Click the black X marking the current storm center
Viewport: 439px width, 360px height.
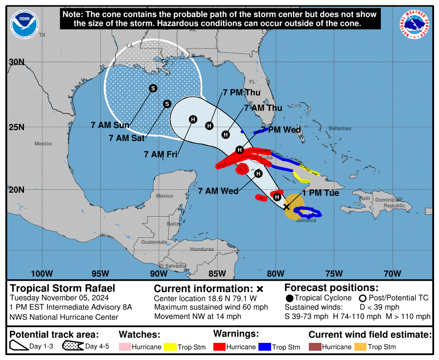287,207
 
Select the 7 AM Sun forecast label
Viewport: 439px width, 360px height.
110,125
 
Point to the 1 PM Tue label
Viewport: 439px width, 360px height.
321,193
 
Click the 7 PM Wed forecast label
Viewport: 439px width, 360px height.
281,130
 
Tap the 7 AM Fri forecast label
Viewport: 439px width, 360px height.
161,154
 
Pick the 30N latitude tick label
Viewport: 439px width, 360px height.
16,62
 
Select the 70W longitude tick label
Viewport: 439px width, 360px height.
393,273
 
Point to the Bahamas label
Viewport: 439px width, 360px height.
340,129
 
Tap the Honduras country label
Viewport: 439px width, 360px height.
202,249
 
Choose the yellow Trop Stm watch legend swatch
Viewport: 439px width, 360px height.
170,347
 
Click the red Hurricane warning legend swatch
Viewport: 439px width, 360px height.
221,347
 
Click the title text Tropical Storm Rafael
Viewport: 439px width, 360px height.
63,288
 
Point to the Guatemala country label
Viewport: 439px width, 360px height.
153,242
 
